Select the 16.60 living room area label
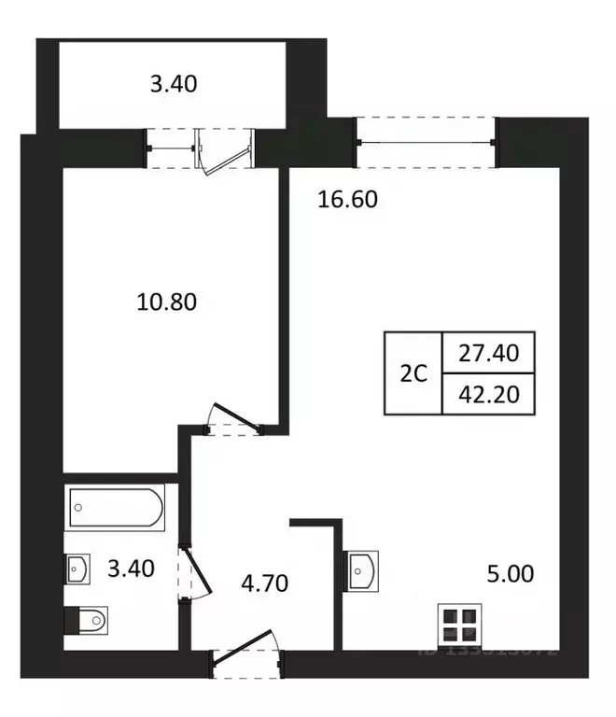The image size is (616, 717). [x=347, y=199]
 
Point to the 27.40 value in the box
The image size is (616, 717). [x=488, y=354]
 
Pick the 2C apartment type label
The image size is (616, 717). [x=413, y=373]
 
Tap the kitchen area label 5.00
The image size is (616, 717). [x=510, y=573]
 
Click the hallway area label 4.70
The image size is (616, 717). [x=263, y=584]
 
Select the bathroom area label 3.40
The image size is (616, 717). [x=130, y=566]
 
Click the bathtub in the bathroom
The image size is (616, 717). [x=115, y=509]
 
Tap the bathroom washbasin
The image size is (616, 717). [x=77, y=568]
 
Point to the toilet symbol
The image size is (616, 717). [x=87, y=618]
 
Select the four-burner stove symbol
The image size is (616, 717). [x=459, y=625]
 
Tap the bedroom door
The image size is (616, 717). [x=231, y=420]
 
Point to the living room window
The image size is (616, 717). [x=427, y=142]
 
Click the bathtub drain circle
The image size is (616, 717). [x=79, y=509]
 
